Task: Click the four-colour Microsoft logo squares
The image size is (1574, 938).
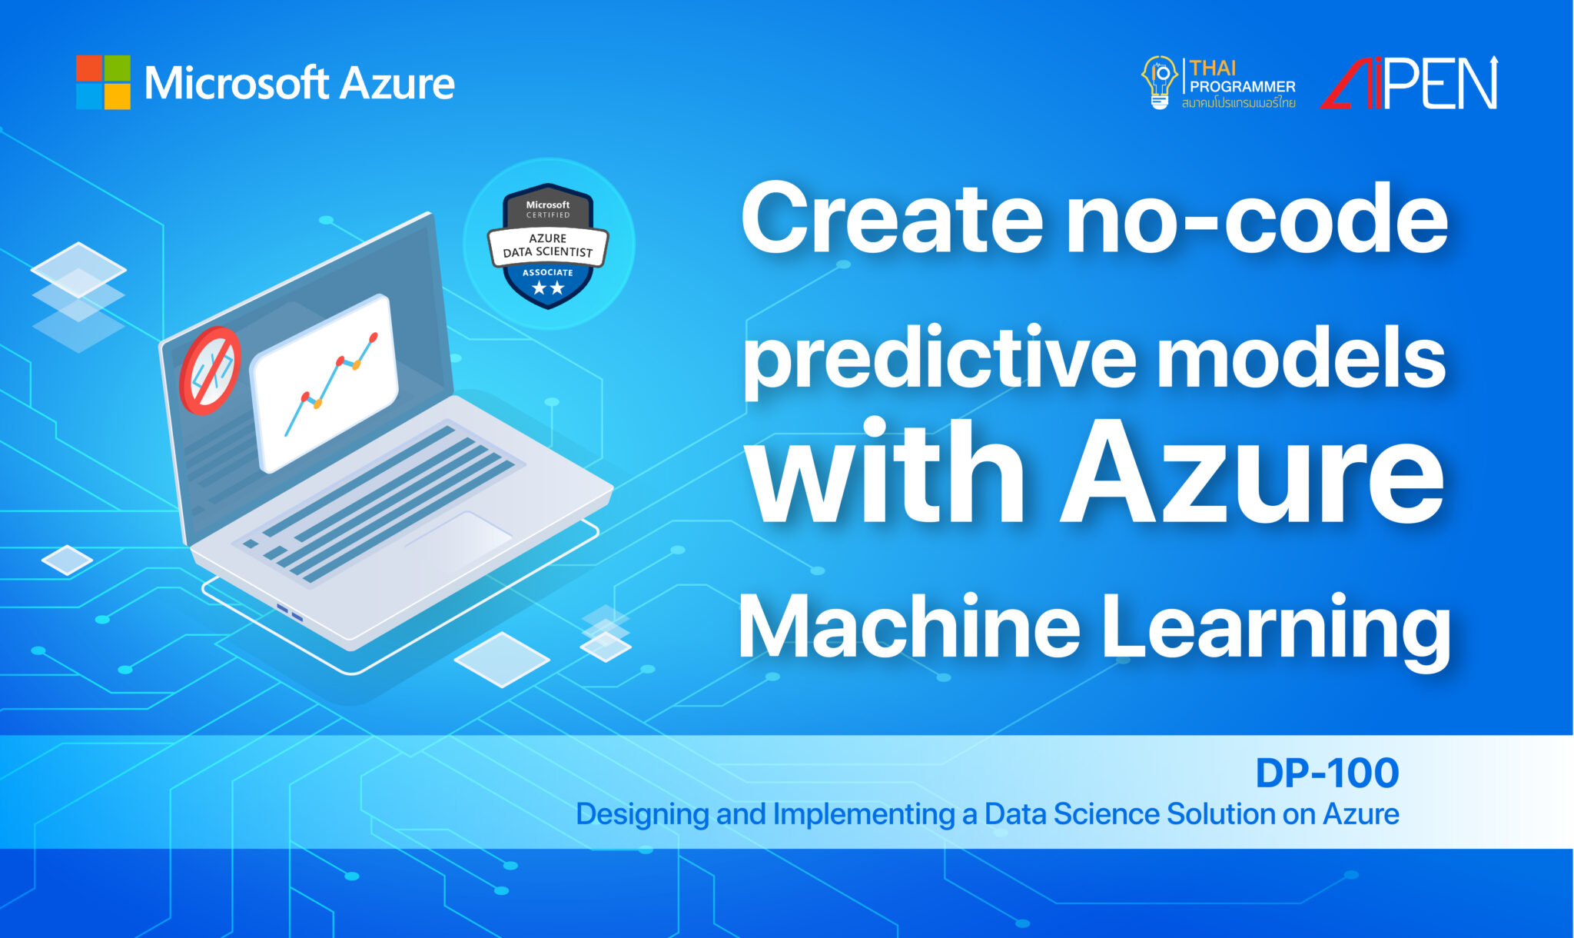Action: point(103,82)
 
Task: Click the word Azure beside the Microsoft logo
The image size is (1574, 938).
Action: point(397,84)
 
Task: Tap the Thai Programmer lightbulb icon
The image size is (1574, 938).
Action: point(1159,82)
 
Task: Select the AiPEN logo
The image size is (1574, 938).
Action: point(1410,83)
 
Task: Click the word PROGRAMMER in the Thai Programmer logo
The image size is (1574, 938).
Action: point(1242,87)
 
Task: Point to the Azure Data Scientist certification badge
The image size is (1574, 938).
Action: point(548,245)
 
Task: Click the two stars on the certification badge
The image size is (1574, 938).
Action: point(548,288)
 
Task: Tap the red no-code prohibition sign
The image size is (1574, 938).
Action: point(210,371)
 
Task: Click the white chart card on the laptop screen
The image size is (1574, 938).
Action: point(324,382)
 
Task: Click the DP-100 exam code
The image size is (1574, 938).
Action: point(1327,773)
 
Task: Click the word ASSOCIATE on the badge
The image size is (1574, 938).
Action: point(547,272)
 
